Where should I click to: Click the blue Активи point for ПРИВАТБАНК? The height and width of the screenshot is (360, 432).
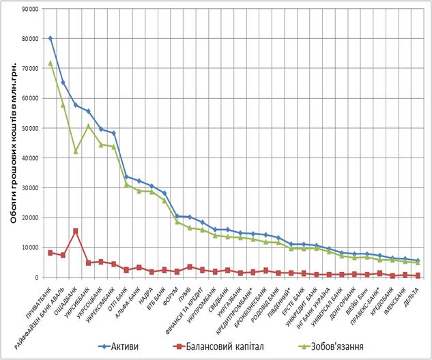click(51, 38)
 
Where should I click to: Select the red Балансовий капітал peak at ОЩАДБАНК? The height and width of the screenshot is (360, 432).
click(76, 231)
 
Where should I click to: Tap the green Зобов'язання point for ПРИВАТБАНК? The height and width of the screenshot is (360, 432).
click(51, 63)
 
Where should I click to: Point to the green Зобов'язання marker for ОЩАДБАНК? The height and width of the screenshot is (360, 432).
click(76, 151)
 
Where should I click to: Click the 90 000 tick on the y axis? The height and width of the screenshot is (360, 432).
click(29, 9)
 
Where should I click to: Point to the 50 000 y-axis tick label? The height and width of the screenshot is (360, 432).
click(29, 128)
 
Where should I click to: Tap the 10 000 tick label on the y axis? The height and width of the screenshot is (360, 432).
click(29, 247)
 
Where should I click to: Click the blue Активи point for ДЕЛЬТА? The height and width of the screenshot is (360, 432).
click(417, 260)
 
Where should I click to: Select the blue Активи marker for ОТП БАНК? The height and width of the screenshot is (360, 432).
click(126, 177)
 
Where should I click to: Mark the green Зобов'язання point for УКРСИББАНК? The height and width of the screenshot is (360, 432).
click(88, 126)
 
